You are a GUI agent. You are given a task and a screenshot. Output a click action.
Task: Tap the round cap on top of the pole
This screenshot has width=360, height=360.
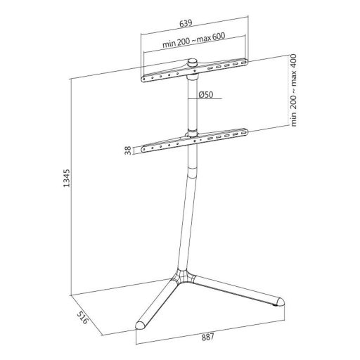[x=191, y=64]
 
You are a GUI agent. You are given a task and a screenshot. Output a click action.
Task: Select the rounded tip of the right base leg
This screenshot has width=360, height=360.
[x=280, y=300]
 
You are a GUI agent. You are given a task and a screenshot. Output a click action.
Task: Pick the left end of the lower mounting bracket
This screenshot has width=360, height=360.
[x=145, y=148]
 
